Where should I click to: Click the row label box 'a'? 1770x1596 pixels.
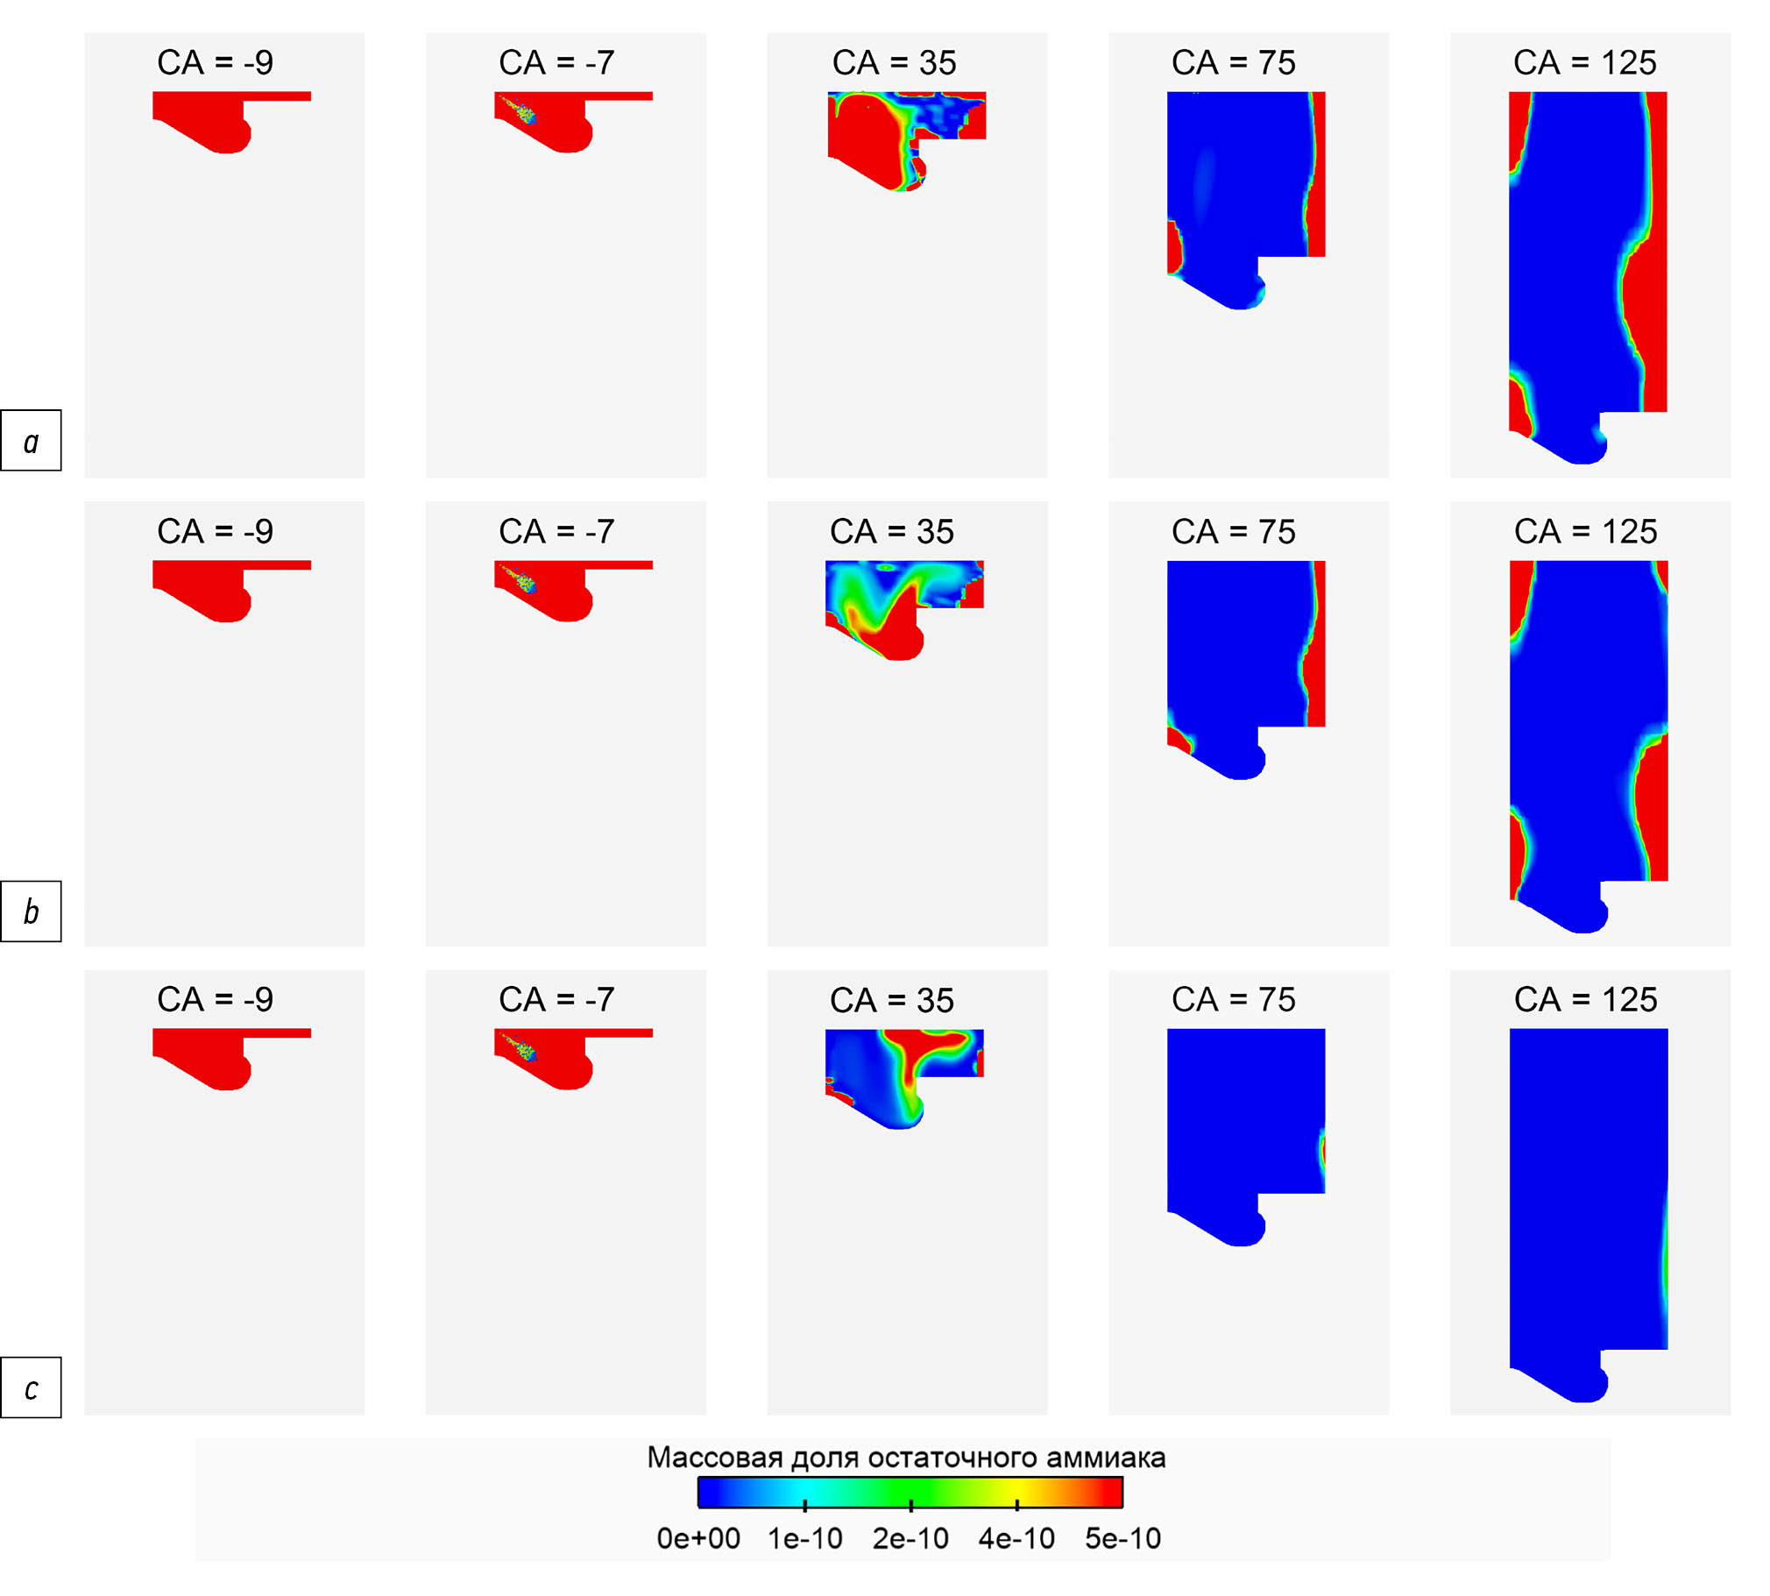point(31,440)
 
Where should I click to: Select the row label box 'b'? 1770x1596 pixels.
point(31,911)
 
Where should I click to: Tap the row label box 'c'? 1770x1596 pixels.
point(31,1388)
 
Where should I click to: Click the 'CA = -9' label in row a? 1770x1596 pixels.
point(215,63)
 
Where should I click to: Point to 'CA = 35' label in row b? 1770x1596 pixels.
point(892,532)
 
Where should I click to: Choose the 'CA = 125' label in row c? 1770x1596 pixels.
point(1585,1000)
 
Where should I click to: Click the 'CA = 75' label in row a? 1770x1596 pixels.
point(1233,63)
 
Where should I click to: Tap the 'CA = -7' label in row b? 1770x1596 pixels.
point(556,532)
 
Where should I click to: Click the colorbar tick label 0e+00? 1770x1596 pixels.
point(698,1538)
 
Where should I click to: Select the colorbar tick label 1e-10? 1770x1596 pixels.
point(804,1538)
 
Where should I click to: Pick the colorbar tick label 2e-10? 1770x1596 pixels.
point(910,1538)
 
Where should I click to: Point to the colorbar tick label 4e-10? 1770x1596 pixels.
point(1016,1538)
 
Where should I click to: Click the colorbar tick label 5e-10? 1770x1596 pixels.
point(1122,1538)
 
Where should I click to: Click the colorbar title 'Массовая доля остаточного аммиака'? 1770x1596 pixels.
point(906,1458)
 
